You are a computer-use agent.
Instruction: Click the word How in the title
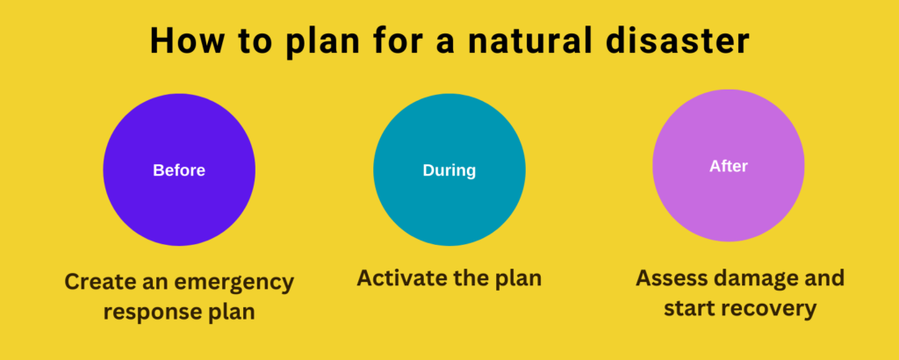click(x=184, y=40)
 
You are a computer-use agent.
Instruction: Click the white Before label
click(x=179, y=170)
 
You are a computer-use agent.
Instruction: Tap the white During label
click(x=449, y=170)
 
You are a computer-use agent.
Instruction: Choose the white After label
click(x=728, y=166)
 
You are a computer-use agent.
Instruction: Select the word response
click(x=150, y=313)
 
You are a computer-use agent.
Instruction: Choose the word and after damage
click(x=823, y=278)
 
